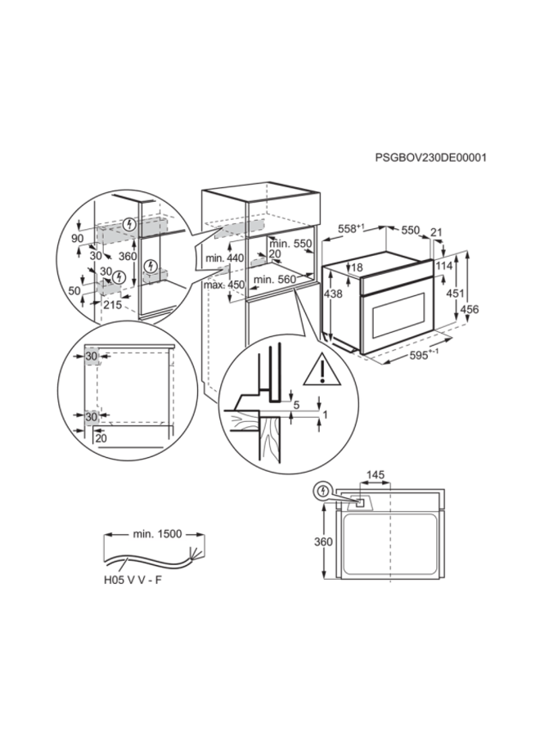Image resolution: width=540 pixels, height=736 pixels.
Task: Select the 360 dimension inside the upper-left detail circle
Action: (x=127, y=255)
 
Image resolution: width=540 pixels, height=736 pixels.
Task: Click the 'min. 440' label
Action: (x=226, y=258)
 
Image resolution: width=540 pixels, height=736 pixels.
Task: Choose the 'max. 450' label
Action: (x=226, y=285)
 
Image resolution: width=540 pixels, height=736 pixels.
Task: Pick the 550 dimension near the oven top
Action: (x=410, y=231)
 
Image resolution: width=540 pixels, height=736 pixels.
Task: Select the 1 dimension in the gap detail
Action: (x=326, y=415)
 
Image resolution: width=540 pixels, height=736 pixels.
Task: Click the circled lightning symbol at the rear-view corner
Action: (x=323, y=491)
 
